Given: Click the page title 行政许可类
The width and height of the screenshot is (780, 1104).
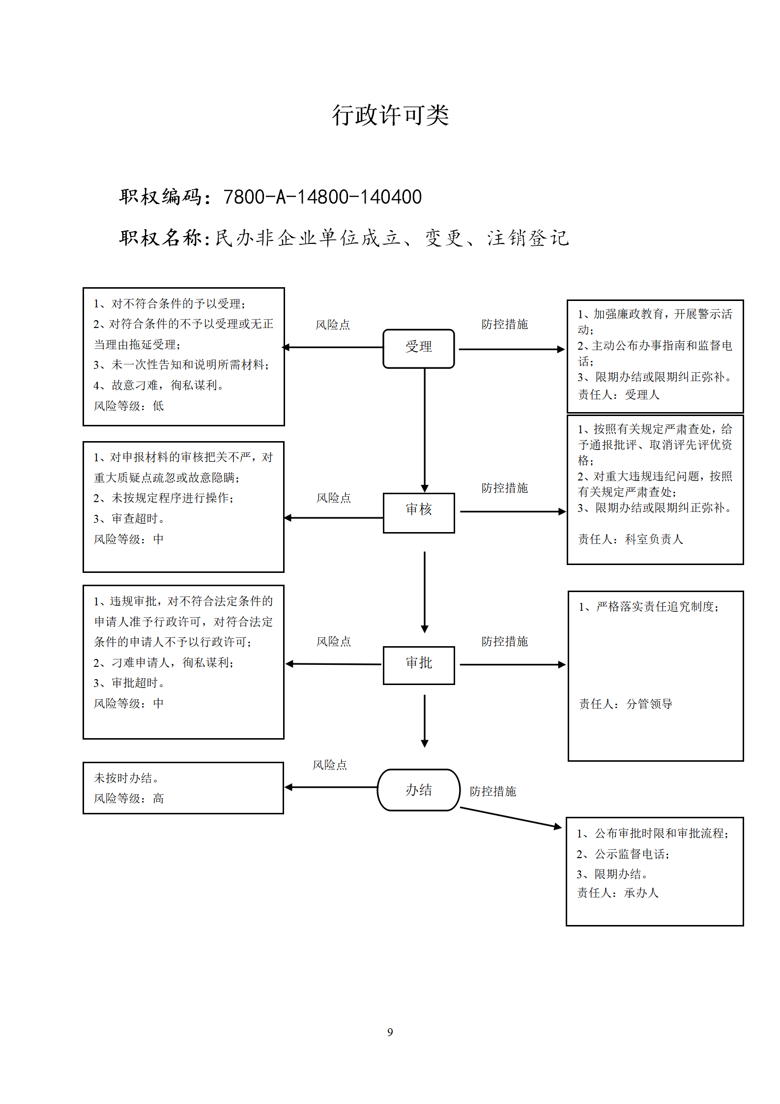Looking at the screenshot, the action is tap(390, 116).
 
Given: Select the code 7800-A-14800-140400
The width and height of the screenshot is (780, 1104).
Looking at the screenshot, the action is tap(322, 197).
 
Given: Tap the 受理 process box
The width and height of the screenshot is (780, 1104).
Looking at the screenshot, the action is tap(419, 348).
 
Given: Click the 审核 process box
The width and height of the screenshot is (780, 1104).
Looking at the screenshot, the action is tap(419, 512).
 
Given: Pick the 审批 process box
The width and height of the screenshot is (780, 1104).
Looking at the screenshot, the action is tap(419, 665).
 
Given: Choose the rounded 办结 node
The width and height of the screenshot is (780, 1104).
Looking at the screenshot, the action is tap(419, 790).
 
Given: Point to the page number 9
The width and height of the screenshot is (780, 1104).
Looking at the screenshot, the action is tap(390, 1032).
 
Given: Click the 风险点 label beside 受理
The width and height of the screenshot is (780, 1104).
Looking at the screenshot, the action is tap(333, 325).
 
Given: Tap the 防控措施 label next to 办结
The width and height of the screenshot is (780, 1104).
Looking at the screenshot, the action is tap(492, 791).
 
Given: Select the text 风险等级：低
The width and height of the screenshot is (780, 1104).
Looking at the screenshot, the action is tap(129, 406).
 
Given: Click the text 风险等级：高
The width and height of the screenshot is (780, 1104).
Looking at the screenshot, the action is tap(129, 798).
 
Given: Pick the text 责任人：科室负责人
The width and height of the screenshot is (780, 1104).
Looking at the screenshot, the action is tap(631, 539).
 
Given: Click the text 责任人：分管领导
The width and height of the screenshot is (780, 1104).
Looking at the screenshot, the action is tap(626, 704).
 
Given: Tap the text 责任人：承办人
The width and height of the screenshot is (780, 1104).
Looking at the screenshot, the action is tap(618, 893).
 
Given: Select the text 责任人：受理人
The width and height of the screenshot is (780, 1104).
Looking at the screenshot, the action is tap(619, 394).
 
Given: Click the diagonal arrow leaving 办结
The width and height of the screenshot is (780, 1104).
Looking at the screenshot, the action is tap(511, 818).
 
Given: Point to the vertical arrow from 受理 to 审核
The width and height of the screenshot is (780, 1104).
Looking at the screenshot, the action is tap(425, 430).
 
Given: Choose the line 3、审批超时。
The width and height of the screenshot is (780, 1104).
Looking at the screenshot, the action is tap(129, 683).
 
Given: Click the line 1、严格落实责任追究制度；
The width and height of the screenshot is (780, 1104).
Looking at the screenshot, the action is tap(649, 606).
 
